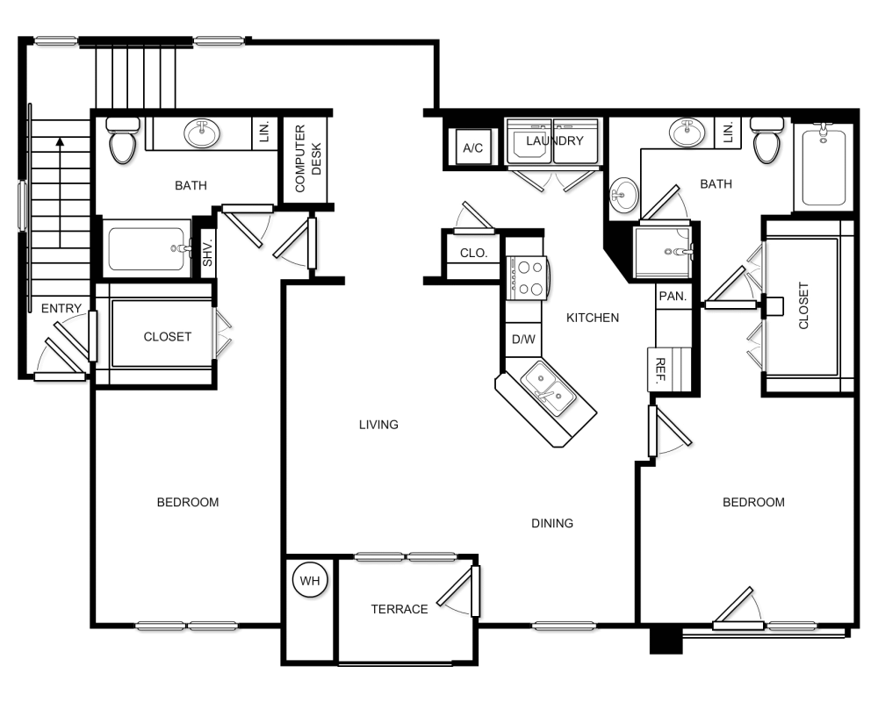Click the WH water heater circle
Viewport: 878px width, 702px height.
click(310, 581)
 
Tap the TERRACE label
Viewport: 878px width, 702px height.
click(399, 609)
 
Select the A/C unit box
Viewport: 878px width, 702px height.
click(473, 147)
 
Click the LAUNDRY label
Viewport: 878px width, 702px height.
click(554, 141)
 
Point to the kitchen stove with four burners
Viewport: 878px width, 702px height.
click(526, 278)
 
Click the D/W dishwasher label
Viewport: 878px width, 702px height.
click(523, 340)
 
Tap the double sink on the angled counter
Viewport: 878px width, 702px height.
click(548, 388)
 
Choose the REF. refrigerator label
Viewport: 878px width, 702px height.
click(660, 370)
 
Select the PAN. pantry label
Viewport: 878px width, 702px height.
click(673, 296)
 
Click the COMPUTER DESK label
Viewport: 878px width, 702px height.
click(308, 159)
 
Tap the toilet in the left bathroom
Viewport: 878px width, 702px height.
click(123, 140)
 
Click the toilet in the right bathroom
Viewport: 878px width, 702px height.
click(766, 140)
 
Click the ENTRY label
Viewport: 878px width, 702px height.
click(61, 309)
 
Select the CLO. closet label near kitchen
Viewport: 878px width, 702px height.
click(474, 253)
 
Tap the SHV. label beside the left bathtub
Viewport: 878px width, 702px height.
click(208, 254)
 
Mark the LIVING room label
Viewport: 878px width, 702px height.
click(378, 425)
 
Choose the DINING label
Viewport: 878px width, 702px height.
click(552, 523)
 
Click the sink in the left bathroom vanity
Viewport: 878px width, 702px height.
click(202, 133)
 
